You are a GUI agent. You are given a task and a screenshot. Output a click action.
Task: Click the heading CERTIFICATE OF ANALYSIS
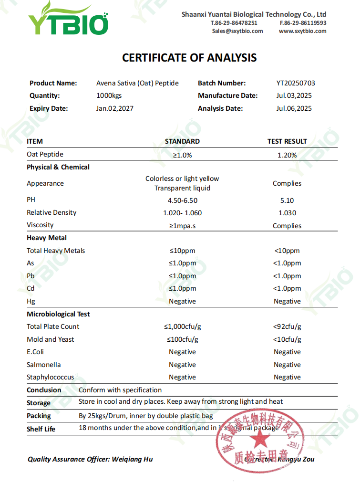(189, 58)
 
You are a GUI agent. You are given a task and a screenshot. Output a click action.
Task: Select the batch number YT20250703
(296, 83)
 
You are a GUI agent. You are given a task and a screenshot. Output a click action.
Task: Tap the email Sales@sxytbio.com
(237, 31)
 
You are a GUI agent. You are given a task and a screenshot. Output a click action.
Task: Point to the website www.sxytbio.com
(303, 31)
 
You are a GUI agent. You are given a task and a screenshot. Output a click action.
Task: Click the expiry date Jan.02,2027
(115, 108)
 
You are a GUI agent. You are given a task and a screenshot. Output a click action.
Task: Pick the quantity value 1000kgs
(109, 95)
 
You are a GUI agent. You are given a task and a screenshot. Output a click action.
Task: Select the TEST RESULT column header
(287, 141)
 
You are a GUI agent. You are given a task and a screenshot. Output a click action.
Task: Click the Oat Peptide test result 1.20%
(287, 155)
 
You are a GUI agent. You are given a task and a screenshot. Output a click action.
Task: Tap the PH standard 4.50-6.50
(182, 200)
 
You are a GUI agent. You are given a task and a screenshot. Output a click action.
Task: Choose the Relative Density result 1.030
(287, 213)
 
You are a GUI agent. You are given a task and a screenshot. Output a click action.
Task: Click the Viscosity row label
(40, 225)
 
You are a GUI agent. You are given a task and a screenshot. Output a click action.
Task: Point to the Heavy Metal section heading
(47, 238)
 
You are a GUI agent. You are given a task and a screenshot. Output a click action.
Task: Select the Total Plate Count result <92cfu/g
(287, 327)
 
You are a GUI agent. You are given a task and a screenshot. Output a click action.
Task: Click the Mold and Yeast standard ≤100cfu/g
(182, 339)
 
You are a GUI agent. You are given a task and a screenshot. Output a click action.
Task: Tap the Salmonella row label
(44, 365)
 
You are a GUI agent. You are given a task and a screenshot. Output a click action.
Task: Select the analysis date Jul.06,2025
(294, 108)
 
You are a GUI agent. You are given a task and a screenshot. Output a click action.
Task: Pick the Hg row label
(31, 301)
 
